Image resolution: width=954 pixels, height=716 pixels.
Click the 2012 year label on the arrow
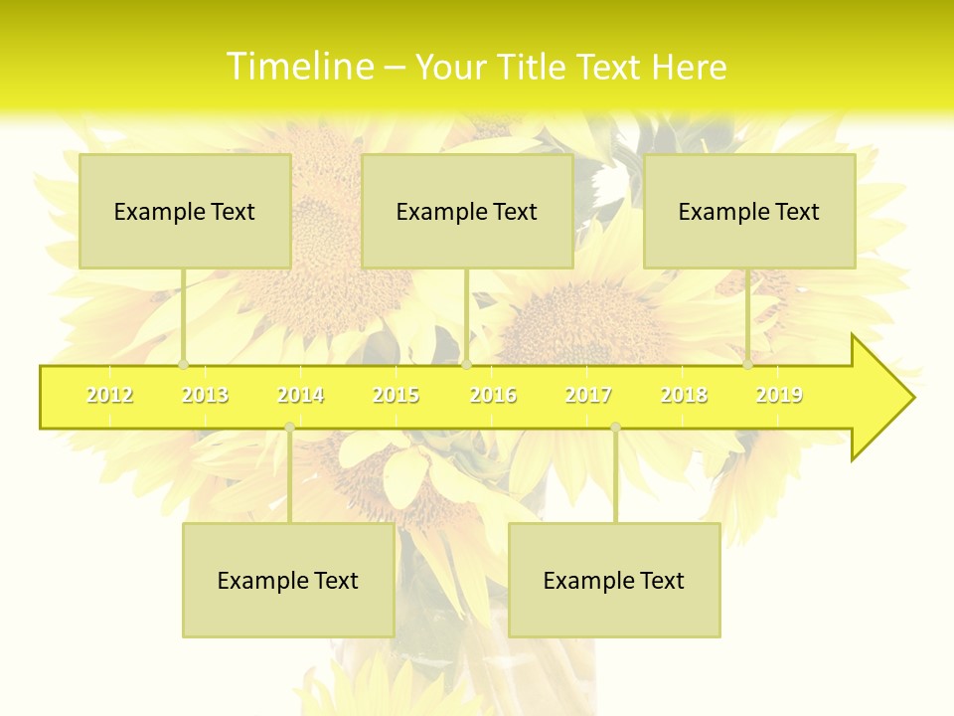(x=109, y=395)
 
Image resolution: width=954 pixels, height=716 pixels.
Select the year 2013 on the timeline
(x=205, y=395)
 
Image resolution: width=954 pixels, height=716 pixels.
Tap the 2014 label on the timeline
(x=300, y=395)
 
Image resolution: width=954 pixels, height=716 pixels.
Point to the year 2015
(x=396, y=395)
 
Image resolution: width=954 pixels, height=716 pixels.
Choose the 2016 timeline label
(x=493, y=395)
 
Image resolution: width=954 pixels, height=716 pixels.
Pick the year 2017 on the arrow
(x=588, y=395)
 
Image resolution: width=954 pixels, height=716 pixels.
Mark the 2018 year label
(x=684, y=395)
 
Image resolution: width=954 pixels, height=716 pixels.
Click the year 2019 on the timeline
(x=779, y=395)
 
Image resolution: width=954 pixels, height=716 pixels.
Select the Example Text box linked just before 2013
(x=185, y=211)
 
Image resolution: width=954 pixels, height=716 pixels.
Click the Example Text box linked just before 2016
(x=467, y=211)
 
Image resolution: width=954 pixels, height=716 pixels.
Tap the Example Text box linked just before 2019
(x=749, y=211)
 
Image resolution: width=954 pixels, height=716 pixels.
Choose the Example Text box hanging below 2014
(x=288, y=580)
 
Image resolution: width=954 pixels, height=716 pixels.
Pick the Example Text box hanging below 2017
(x=614, y=580)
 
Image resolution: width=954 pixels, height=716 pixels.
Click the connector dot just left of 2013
(x=183, y=364)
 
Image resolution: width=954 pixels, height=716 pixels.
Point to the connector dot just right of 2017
(x=615, y=428)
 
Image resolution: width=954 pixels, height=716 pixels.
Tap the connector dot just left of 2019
(x=747, y=364)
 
